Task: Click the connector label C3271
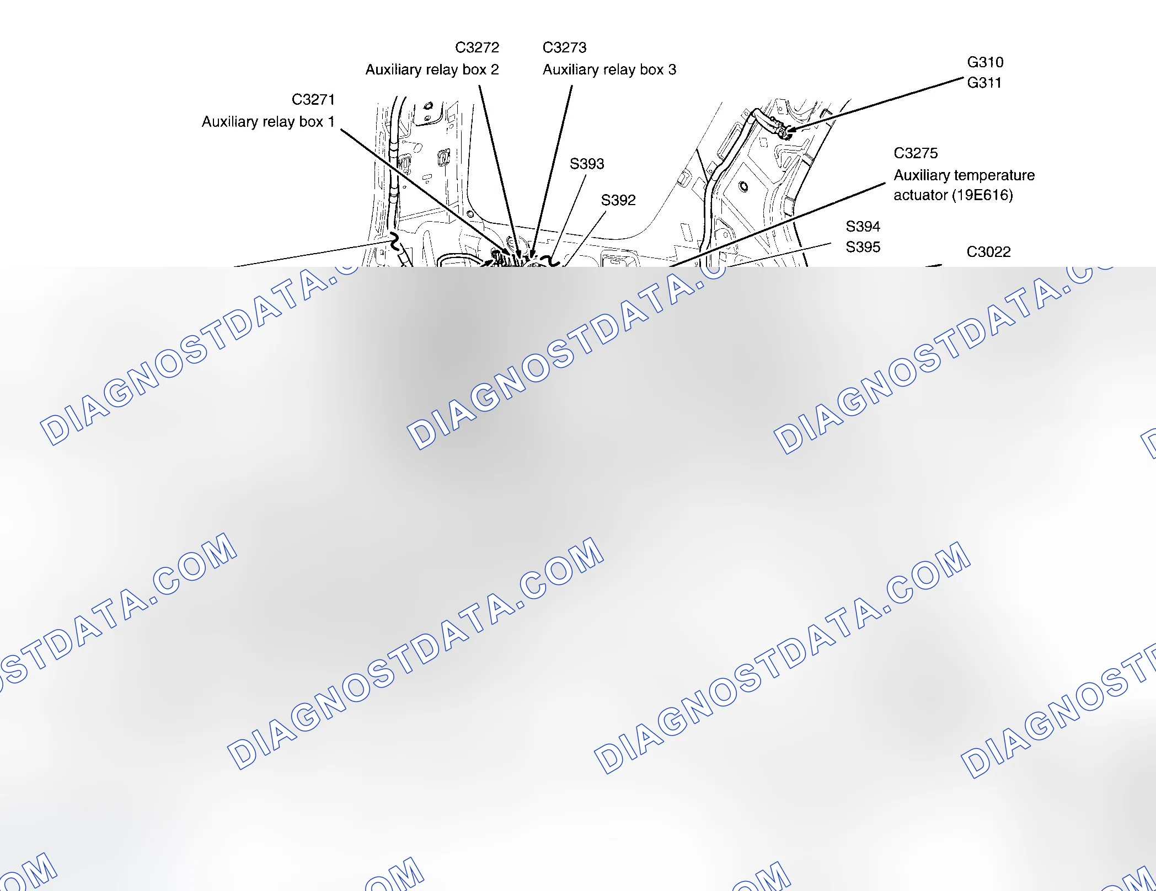click(313, 100)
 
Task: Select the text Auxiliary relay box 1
click(268, 121)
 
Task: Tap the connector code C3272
click(477, 48)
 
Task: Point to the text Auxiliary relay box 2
click(432, 70)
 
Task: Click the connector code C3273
click(564, 48)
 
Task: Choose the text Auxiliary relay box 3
click(609, 70)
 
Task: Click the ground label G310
click(985, 62)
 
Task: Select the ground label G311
click(984, 83)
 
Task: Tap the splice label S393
click(587, 164)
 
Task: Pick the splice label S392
click(618, 200)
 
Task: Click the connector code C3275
click(916, 153)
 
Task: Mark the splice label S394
click(863, 227)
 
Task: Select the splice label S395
click(863, 247)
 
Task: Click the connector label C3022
click(988, 252)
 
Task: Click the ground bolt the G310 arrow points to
click(782, 132)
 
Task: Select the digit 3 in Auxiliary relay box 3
click(672, 70)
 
